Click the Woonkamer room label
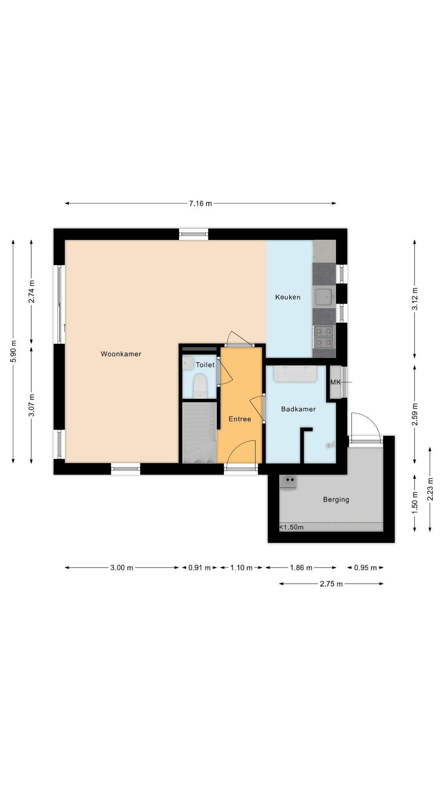tap(121, 354)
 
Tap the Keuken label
tap(288, 297)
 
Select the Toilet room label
tap(205, 365)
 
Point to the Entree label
tap(240, 419)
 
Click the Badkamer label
tap(298, 409)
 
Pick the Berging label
tap(336, 500)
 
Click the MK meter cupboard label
tap(335, 382)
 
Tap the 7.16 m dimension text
tap(200, 204)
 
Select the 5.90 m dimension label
tap(13, 351)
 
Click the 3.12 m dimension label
tap(415, 299)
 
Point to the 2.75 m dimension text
tap(331, 584)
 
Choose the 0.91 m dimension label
tap(200, 568)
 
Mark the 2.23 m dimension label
tap(430, 489)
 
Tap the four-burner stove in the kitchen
tap(324, 336)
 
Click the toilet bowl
tap(200, 386)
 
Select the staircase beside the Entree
tap(199, 432)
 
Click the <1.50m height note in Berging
tap(291, 527)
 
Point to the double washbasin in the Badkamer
tap(295, 374)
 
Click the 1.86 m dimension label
tap(301, 568)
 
